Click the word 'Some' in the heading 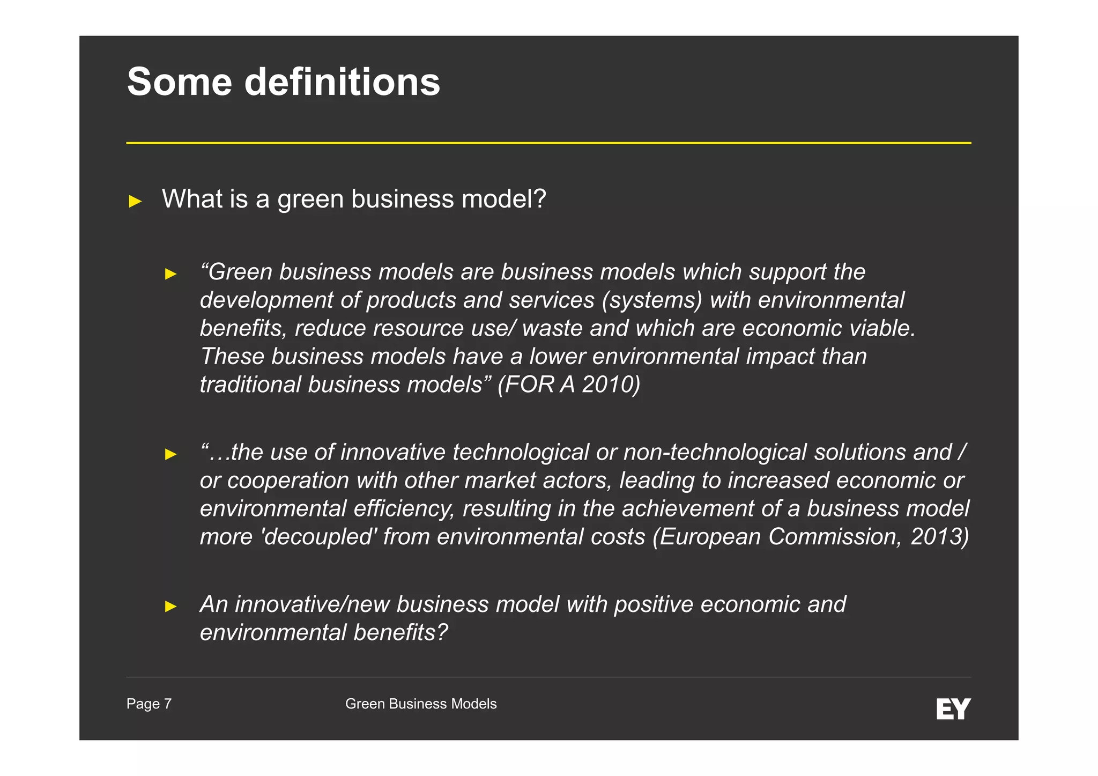tap(179, 82)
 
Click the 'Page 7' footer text tap(149, 704)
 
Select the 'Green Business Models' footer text tap(421, 704)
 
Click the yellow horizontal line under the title tap(548, 143)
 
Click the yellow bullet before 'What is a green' tap(135, 202)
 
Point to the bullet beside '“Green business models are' tap(170, 274)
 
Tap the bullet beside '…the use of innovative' tap(170, 454)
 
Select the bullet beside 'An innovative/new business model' tap(170, 607)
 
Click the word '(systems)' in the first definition tap(651, 300)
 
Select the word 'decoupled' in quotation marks tap(318, 536)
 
